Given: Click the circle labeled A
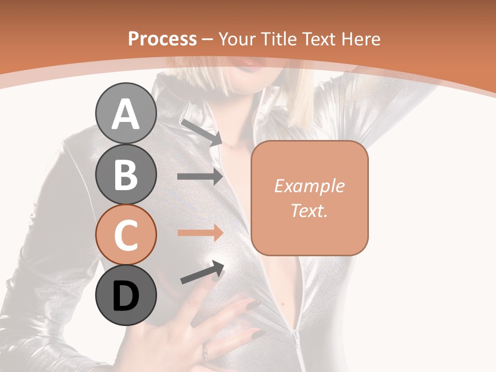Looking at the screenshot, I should [x=126, y=114].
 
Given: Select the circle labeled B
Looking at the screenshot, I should [x=126, y=174].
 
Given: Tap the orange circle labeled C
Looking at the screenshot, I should [x=126, y=235].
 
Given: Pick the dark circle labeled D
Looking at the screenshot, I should [x=126, y=295].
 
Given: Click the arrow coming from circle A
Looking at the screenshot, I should [x=202, y=132].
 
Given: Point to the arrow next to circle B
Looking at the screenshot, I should [x=200, y=177].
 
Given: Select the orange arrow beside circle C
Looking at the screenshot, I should [x=200, y=233].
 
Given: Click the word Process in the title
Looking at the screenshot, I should [x=162, y=39].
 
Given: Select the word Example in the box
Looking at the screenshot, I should [x=309, y=186].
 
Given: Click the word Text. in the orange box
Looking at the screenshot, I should [x=309, y=210].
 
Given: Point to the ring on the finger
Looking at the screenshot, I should [x=206, y=351].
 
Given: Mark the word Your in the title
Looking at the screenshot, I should [x=238, y=39].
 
